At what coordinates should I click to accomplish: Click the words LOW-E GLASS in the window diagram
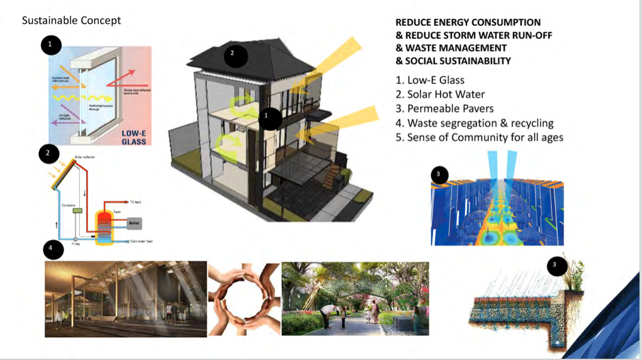(133, 137)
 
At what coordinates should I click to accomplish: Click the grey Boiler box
(133, 223)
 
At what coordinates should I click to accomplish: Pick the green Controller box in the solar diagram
(78, 211)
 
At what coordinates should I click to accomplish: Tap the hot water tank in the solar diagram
(104, 226)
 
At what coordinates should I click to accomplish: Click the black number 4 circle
(53, 250)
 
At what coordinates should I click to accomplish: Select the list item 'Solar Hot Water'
(440, 94)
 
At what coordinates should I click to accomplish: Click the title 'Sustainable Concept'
(71, 20)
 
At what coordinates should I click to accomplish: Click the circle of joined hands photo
(244, 299)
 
